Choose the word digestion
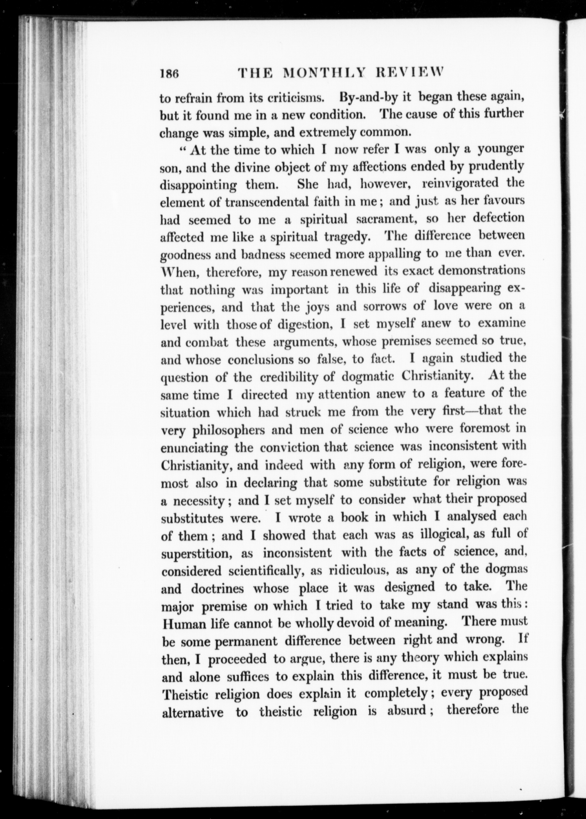pyautogui.click(x=304, y=324)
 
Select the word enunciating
pyautogui.click(x=194, y=448)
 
